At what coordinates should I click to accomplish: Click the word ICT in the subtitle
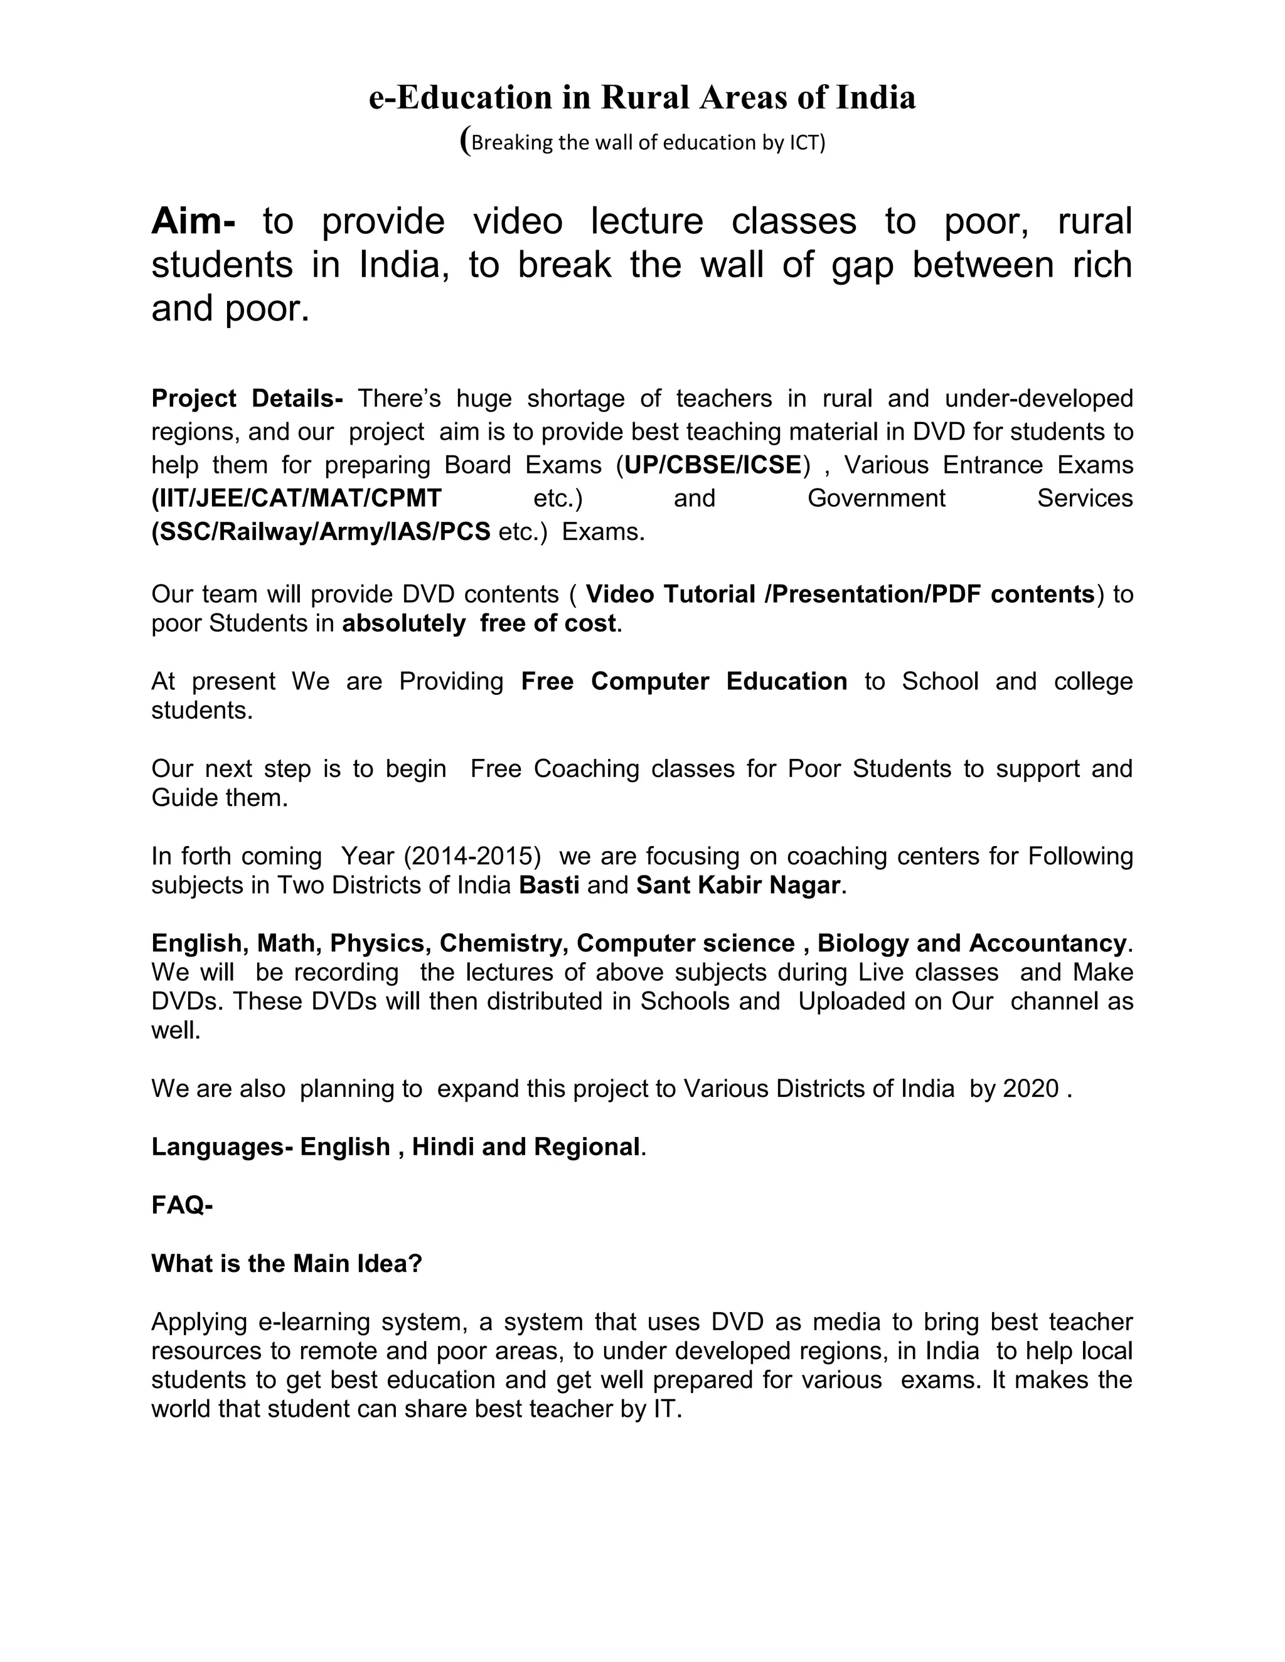804,143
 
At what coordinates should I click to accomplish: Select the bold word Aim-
193,221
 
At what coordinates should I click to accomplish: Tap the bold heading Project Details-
247,398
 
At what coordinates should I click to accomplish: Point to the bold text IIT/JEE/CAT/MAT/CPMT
297,499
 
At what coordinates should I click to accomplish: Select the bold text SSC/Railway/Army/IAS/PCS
321,532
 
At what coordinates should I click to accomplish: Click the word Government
875,499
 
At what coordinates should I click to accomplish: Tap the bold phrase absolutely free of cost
479,623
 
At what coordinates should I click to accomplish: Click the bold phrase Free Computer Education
684,681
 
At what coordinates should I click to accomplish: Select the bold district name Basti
549,885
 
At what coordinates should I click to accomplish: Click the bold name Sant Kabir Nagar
738,885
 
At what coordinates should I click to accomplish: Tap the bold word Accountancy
1047,944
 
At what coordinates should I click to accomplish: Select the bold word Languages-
221,1147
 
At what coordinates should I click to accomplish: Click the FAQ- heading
182,1205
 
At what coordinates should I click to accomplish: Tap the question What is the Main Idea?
286,1264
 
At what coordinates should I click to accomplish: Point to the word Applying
199,1322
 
